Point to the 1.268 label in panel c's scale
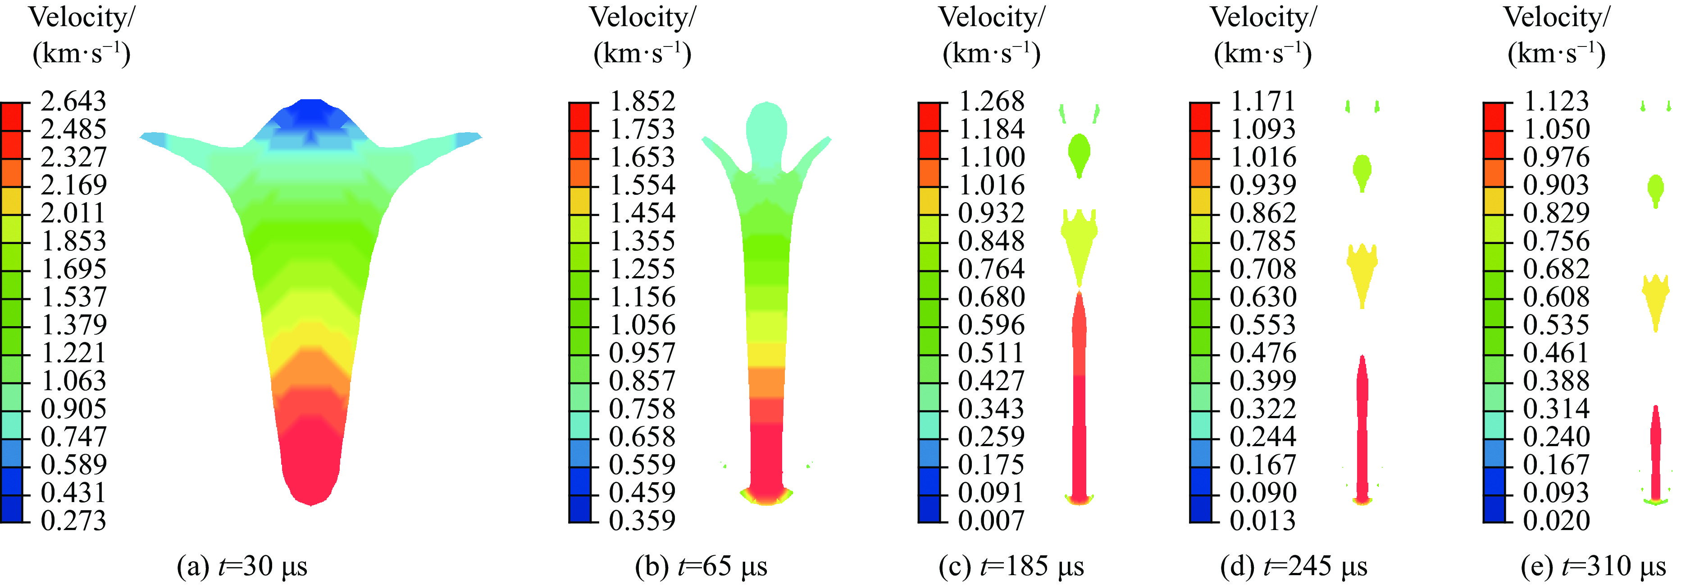pos(991,102)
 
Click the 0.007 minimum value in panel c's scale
pos(991,521)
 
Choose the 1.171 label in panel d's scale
pos(1262,102)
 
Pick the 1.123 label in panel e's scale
pos(1556,102)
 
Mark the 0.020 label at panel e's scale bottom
pos(1556,521)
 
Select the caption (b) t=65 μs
pos(701,567)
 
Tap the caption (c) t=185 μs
pos(1011,567)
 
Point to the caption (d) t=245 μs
pos(1294,567)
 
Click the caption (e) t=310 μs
pos(1594,567)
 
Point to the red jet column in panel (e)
pos(1656,450)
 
